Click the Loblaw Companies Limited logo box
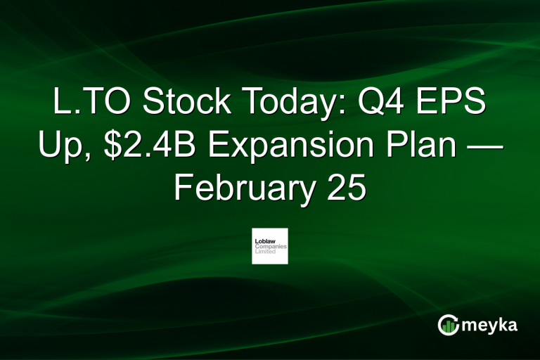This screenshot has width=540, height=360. (x=270, y=246)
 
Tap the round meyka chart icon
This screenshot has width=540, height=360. (x=448, y=325)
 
